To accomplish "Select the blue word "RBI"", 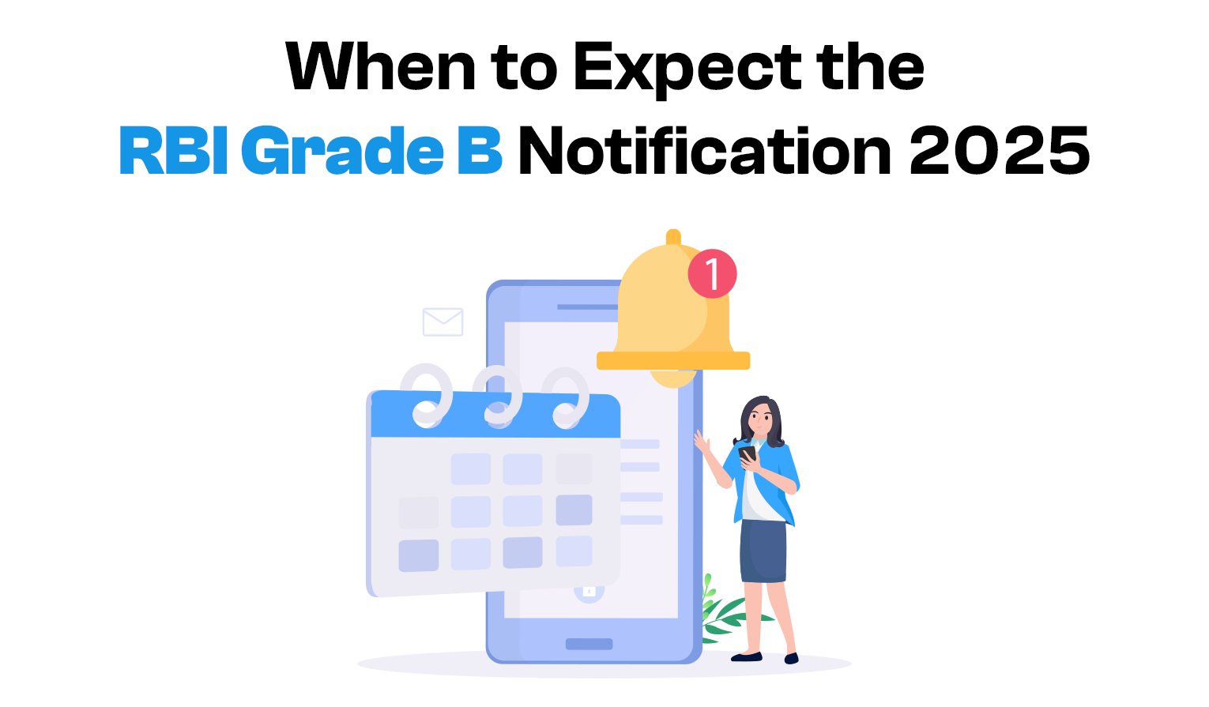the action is click(173, 150).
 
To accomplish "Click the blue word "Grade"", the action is click(342, 150).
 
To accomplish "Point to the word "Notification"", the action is click(704, 150).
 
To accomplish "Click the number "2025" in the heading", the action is click(1000, 151).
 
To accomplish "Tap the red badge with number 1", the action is click(712, 273).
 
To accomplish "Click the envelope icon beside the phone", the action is click(443, 322).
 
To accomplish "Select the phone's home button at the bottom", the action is click(589, 644).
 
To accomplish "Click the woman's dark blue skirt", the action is click(763, 551).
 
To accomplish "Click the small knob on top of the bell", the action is click(673, 237).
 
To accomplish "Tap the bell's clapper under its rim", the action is click(673, 378).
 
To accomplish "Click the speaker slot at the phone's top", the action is click(587, 307).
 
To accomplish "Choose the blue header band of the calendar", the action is click(495, 415).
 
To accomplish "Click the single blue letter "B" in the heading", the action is click(480, 150).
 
